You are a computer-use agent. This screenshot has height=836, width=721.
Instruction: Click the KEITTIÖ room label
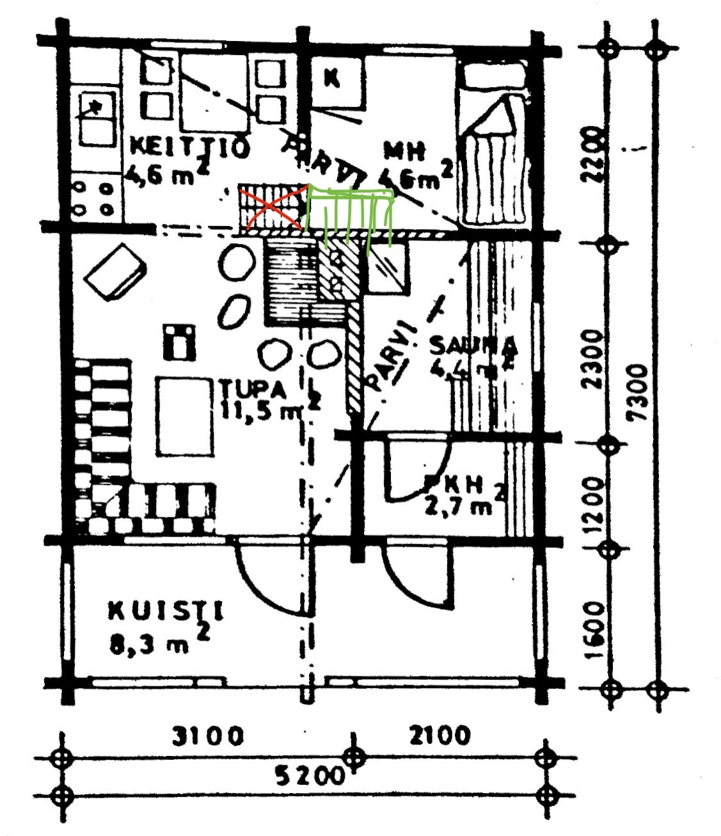pyautogui.click(x=189, y=147)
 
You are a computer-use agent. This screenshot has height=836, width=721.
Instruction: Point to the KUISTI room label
pyautogui.click(x=166, y=611)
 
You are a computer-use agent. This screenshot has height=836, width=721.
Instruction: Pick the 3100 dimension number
pyautogui.click(x=208, y=736)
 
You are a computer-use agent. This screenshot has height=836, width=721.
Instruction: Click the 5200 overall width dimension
pyautogui.click(x=310, y=776)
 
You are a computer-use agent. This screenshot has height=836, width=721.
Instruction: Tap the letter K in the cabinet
pyautogui.click(x=331, y=78)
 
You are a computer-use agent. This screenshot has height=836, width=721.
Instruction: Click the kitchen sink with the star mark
pyautogui.click(x=97, y=119)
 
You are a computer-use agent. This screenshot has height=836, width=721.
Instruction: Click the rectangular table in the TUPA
pyautogui.click(x=184, y=416)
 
